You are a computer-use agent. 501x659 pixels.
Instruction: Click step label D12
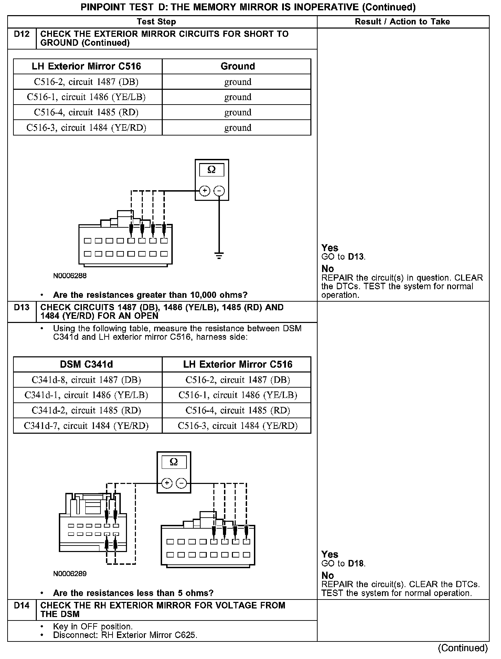pyautogui.click(x=22, y=34)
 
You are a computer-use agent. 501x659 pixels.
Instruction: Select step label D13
pyautogui.click(x=22, y=307)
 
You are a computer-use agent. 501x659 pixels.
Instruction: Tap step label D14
pyautogui.click(x=22, y=605)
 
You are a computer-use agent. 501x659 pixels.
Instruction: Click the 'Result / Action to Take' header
pyautogui.click(x=402, y=22)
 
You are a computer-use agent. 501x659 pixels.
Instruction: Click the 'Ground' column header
pyautogui.click(x=237, y=66)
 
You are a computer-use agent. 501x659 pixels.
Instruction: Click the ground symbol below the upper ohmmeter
pyautogui.click(x=219, y=255)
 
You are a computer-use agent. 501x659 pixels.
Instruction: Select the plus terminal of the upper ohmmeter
pyautogui.click(x=204, y=191)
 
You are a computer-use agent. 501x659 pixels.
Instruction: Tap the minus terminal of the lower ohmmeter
pyautogui.click(x=181, y=483)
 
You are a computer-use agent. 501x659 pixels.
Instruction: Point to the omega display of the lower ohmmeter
pyautogui.click(x=174, y=462)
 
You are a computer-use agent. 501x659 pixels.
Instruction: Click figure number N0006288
pyautogui.click(x=70, y=276)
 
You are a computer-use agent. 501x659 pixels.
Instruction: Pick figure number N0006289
pyautogui.click(x=70, y=574)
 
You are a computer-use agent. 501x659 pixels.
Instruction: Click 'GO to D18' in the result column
pyautogui.click(x=343, y=564)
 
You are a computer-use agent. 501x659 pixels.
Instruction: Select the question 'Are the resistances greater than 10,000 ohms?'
pyautogui.click(x=150, y=295)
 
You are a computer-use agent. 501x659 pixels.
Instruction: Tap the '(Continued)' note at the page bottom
pyautogui.click(x=463, y=648)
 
